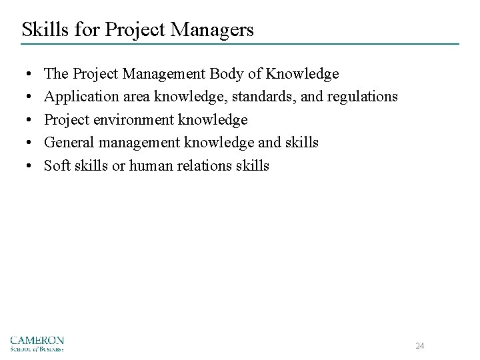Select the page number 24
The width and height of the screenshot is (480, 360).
click(420, 346)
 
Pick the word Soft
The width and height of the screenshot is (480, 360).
click(56, 166)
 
